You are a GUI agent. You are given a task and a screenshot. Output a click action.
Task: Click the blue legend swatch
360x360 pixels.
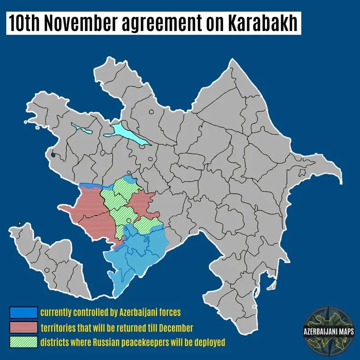coord(23,312)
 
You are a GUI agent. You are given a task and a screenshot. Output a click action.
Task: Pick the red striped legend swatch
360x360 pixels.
coord(23,327)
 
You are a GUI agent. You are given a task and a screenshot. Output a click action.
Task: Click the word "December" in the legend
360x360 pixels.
coord(175,327)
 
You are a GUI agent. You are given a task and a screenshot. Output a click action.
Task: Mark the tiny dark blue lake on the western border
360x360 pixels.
coord(54,156)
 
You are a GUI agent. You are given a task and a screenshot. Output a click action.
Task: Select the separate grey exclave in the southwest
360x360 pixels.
coord(49,261)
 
